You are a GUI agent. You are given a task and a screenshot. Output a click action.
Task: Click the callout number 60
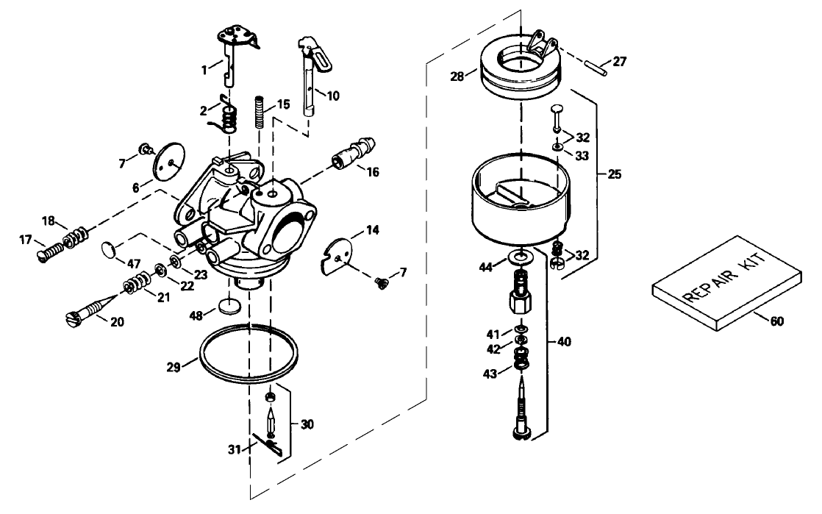[x=776, y=320]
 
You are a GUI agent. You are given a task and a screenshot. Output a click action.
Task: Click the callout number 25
[x=615, y=174]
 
